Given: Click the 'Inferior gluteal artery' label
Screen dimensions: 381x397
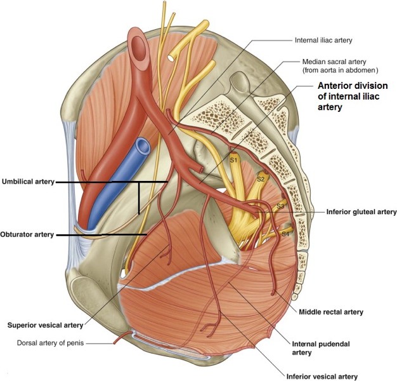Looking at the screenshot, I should pos(361,211).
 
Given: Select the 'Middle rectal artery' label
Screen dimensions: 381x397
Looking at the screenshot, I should pos(331,312).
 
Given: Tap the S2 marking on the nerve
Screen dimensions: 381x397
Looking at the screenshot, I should pos(261,179).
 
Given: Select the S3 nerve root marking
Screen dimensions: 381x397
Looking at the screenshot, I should pos(281,206).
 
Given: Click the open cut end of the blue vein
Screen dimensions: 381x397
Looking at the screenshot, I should pos(144,147).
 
